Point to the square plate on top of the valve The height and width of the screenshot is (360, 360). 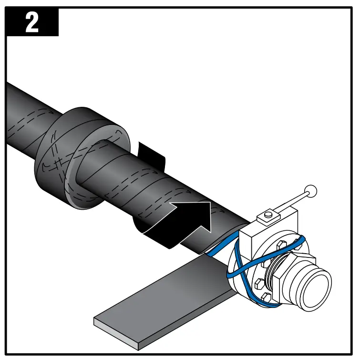pyautogui.click(x=270, y=219)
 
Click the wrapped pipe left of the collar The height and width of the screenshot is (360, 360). pyautogui.click(x=29, y=114)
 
